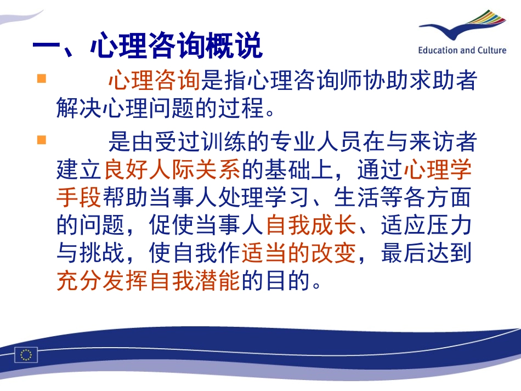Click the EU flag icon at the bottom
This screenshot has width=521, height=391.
(x=26, y=355)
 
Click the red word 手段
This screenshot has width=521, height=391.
(x=79, y=197)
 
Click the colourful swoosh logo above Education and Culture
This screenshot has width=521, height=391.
(x=463, y=27)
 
